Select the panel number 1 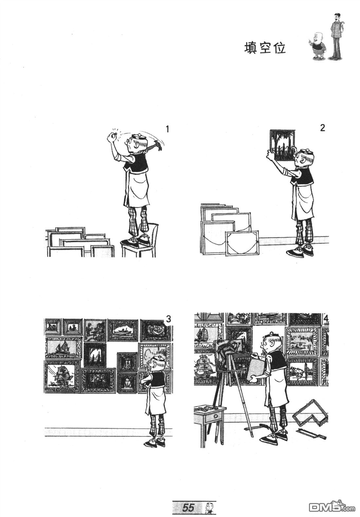click(x=168, y=129)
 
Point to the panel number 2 click(x=322, y=128)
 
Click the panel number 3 click(x=169, y=319)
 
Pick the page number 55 click(x=188, y=507)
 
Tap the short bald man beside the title click(x=316, y=45)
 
